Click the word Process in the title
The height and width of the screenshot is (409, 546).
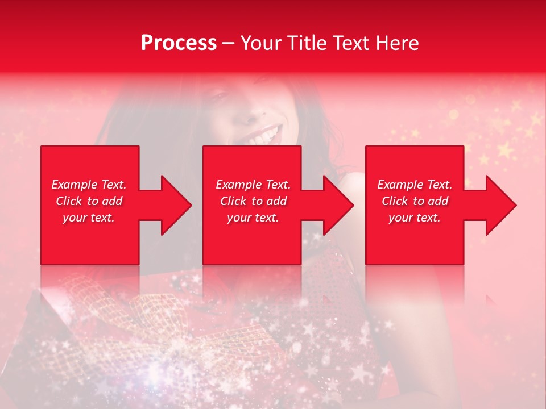coord(179,43)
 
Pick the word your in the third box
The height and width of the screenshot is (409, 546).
coord(400,218)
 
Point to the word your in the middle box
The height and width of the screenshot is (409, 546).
coord(238,218)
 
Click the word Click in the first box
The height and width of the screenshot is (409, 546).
coord(69,201)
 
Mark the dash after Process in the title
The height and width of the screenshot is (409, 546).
coord(228,43)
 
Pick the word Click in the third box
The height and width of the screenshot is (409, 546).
coord(395,201)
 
